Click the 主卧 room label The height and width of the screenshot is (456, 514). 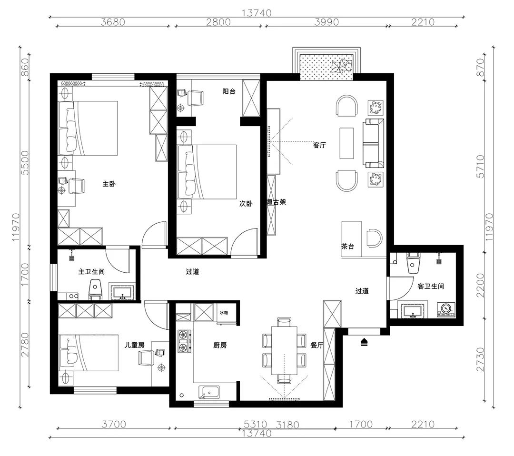(109, 184)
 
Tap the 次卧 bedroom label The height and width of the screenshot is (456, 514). (246, 204)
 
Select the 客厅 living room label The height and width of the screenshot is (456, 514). (320, 145)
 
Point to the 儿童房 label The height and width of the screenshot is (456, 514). (134, 345)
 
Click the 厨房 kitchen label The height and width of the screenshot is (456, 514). (220, 345)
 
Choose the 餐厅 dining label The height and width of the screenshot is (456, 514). (316, 345)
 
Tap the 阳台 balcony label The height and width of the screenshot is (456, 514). (229, 91)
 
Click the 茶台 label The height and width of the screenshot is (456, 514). (348, 246)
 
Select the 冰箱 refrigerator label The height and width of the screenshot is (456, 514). (224, 313)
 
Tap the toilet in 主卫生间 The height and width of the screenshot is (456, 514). (95, 289)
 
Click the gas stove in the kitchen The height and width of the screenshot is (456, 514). (184, 341)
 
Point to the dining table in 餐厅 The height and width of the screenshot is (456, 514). (284, 350)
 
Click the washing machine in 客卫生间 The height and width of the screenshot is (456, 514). (446, 309)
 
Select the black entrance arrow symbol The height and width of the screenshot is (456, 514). (364, 343)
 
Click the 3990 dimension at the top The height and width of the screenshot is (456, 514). (326, 22)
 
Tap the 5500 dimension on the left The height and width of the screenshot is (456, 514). (25, 163)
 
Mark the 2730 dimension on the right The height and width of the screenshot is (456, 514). (480, 359)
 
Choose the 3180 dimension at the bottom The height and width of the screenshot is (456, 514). (287, 425)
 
